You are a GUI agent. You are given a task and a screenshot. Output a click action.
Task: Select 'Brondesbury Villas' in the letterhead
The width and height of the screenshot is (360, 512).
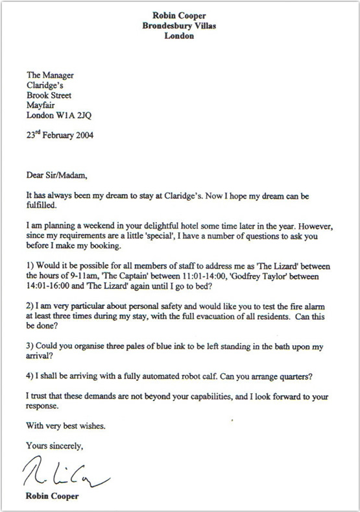[180, 25]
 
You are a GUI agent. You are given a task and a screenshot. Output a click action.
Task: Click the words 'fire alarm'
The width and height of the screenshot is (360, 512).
[311, 308]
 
